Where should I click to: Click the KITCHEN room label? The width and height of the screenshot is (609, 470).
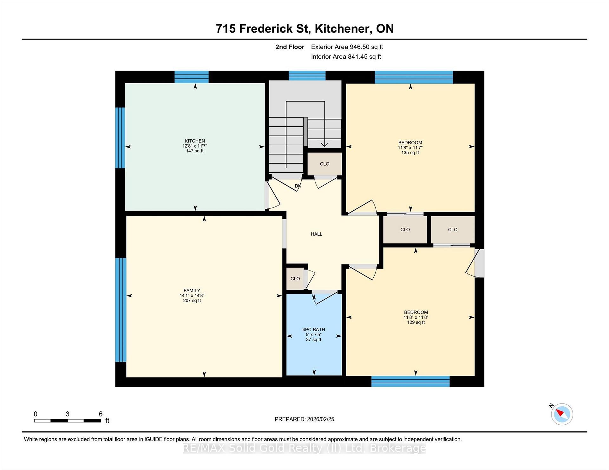pyautogui.click(x=195, y=141)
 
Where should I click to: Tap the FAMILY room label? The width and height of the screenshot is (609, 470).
pyautogui.click(x=192, y=290)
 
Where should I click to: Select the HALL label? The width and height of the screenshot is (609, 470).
pyautogui.click(x=317, y=234)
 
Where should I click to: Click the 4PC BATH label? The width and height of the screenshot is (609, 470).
pyautogui.click(x=314, y=329)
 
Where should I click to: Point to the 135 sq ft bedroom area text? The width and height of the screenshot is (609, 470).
pyautogui.click(x=410, y=153)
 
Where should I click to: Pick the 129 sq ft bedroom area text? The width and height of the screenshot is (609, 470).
pyautogui.click(x=416, y=322)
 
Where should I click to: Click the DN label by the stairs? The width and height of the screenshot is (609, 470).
pyautogui.click(x=298, y=186)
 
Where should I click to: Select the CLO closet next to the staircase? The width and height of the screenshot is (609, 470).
pyautogui.click(x=324, y=164)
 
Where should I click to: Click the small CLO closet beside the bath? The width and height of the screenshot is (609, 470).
pyautogui.click(x=295, y=279)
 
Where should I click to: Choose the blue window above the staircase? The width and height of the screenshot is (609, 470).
pyautogui.click(x=307, y=76)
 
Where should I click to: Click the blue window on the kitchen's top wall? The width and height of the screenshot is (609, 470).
pyautogui.click(x=192, y=77)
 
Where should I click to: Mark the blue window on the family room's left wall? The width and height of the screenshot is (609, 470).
pyautogui.click(x=121, y=310)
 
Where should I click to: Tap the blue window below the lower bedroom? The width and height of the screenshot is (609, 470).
pyautogui.click(x=410, y=381)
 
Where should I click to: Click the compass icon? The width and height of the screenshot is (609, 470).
pyautogui.click(x=562, y=414)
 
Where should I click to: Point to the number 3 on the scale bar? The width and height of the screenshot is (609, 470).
pyautogui.click(x=68, y=414)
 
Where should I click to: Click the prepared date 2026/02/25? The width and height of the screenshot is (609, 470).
pyautogui.click(x=320, y=419)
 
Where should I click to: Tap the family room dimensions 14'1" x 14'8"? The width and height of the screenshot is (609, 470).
pyautogui.click(x=192, y=295)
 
